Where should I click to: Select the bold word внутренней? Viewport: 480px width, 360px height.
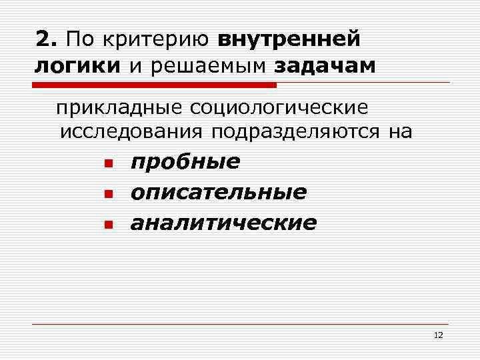(x=289, y=40)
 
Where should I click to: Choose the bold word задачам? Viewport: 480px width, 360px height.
(x=325, y=67)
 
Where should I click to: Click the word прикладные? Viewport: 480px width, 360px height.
(x=119, y=107)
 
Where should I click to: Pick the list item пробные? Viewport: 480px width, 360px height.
(x=185, y=163)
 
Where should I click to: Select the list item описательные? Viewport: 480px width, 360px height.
(x=219, y=193)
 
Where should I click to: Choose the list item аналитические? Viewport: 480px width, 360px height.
(x=223, y=222)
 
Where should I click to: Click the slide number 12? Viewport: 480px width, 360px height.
(x=438, y=335)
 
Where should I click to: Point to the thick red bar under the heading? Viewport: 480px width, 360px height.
(x=154, y=85)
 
